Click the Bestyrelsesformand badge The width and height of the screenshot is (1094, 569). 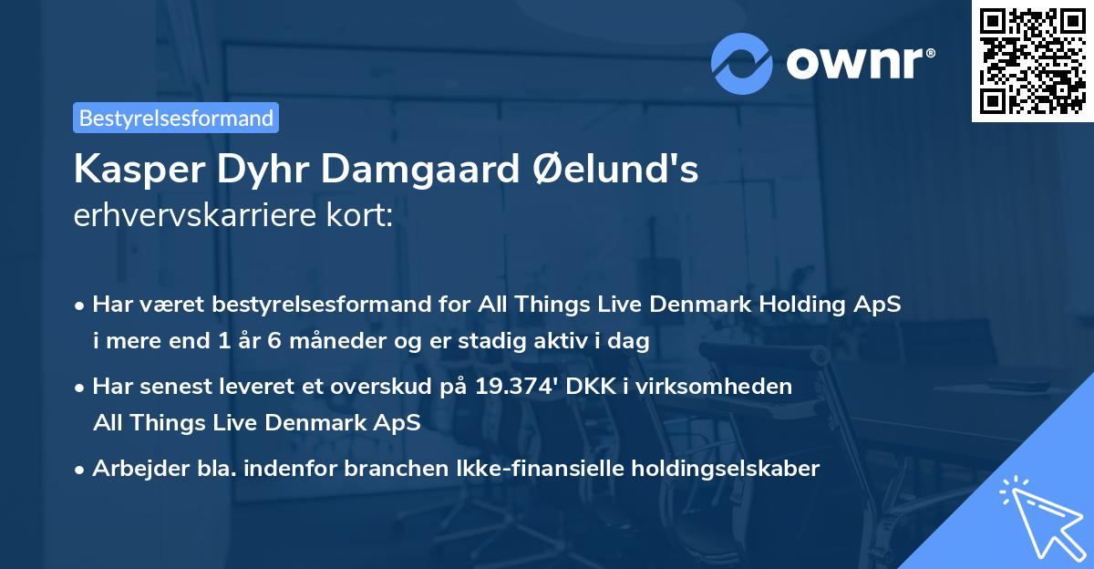(176, 118)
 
